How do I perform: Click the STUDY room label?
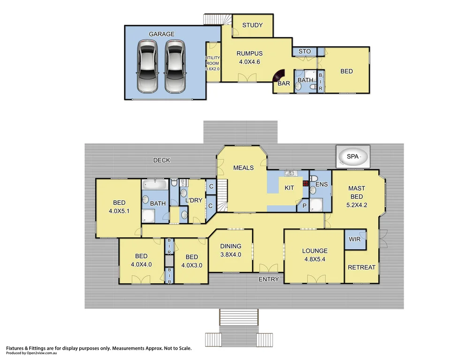[252, 25]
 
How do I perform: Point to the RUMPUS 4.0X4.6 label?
[249, 57]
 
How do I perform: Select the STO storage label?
[305, 52]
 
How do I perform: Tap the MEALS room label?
[243, 168]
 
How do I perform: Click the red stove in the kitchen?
[306, 184]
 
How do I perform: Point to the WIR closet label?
[355, 239]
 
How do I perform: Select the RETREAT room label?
[361, 267]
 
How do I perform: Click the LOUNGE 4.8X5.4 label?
[315, 255]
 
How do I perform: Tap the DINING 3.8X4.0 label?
[231, 250]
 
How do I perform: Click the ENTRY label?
[269, 279]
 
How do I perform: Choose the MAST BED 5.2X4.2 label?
[356, 196]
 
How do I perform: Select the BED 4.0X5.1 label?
[119, 207]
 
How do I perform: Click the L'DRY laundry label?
[194, 201]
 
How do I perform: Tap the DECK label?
[162, 160]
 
